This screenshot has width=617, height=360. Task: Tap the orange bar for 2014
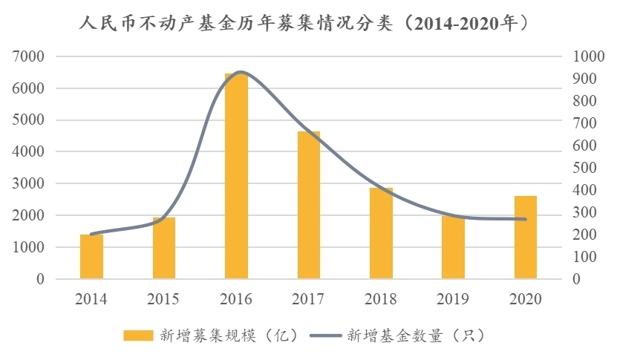pos(91,257)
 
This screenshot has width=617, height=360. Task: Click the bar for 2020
pos(526,238)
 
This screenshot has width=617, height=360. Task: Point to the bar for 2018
pos(381,234)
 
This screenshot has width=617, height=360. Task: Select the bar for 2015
pos(164,249)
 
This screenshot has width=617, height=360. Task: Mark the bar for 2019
pos(453,248)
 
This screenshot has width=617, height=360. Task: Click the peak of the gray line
pos(240,72)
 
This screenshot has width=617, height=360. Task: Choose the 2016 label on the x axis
pos(236,299)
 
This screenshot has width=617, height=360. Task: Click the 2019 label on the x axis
pos(453,299)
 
